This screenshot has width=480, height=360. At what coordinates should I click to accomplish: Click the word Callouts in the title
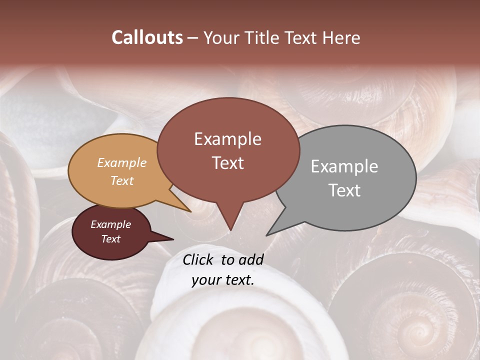pos(147,37)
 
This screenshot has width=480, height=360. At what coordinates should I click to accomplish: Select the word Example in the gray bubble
pos(344,166)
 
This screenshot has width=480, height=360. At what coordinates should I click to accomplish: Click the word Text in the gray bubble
pos(344,190)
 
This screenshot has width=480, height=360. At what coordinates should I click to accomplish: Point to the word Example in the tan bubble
pos(122,162)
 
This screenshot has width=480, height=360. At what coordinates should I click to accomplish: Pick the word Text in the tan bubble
pos(122,180)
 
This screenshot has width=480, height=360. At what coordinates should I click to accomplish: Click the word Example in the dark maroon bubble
pos(110,224)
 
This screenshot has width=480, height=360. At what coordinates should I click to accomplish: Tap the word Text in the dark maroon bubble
pos(110,239)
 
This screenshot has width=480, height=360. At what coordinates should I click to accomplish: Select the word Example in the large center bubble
pos(227,139)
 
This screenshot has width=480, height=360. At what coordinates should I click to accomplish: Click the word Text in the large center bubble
pos(227,163)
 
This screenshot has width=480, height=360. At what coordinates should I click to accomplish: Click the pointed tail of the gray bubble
pos(272,230)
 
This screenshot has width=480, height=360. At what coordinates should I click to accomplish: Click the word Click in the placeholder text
pos(199,259)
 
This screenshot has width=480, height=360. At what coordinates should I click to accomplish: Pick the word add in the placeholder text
pos(251,259)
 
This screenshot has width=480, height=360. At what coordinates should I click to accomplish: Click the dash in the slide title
pos(193,38)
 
